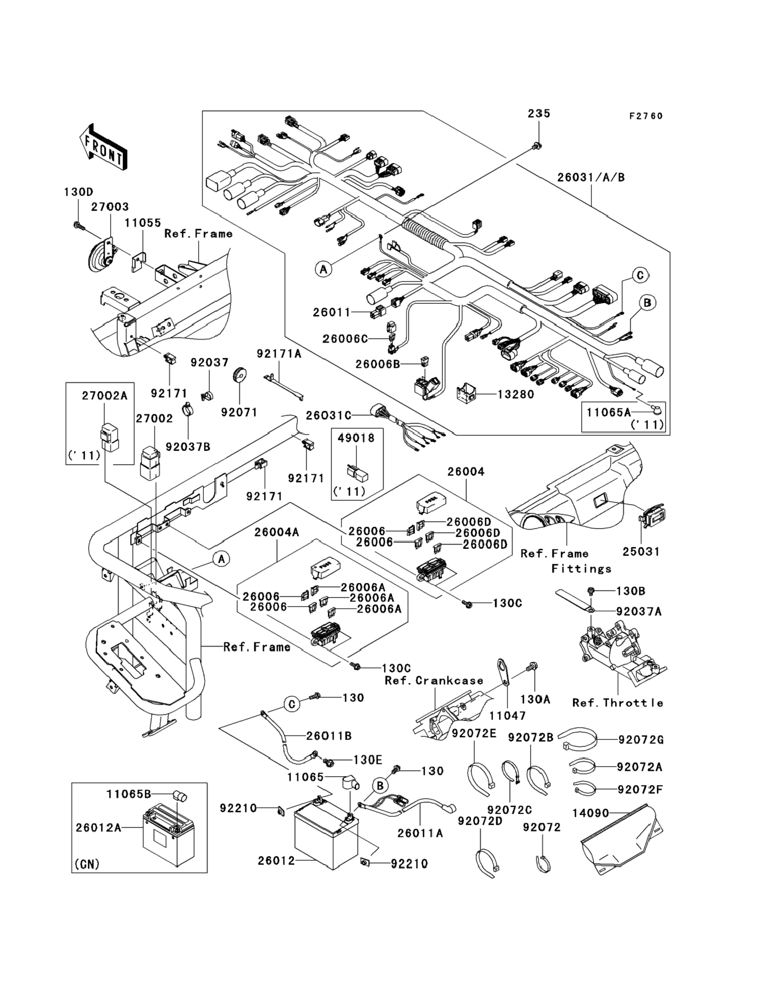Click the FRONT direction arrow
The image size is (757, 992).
click(102, 147)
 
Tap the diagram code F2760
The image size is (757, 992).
click(646, 116)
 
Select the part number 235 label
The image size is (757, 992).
click(539, 114)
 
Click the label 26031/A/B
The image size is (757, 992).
click(591, 177)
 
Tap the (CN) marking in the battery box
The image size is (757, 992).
click(87, 864)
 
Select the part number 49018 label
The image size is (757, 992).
click(356, 438)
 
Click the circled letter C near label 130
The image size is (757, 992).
click(292, 704)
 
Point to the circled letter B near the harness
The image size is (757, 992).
click(647, 302)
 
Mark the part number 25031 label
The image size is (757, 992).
click(641, 551)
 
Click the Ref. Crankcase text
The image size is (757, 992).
click(433, 681)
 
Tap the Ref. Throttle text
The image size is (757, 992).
click(617, 703)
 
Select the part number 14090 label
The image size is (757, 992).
click(590, 813)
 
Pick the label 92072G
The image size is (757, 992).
click(640, 740)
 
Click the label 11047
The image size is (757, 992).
click(507, 715)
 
